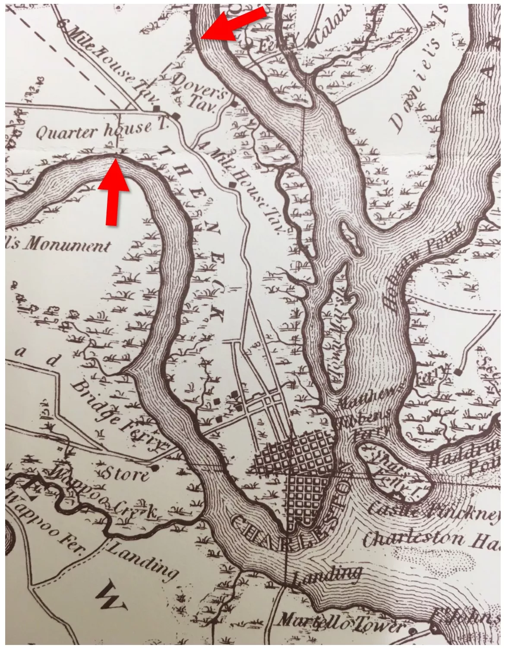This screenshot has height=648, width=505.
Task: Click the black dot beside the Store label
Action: tap(154, 467)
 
